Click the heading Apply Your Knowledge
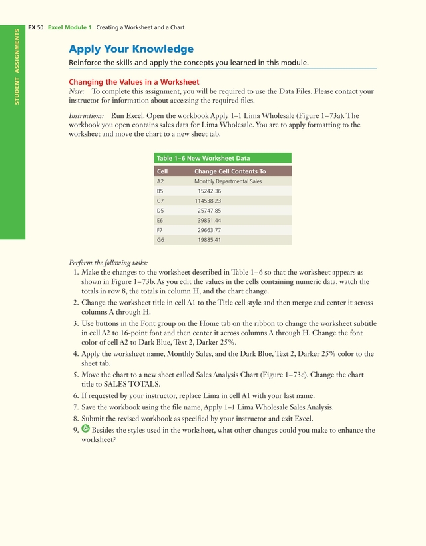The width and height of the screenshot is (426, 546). [x=131, y=49]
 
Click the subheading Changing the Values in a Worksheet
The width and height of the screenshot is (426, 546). [x=134, y=82]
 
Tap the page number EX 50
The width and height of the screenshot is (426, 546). [x=36, y=27]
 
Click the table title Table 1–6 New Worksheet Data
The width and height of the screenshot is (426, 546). [x=203, y=158]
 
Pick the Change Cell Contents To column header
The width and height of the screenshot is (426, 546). [x=230, y=171]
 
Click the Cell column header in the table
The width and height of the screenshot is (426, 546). [x=162, y=171]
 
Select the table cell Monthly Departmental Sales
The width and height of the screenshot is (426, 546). [x=228, y=181]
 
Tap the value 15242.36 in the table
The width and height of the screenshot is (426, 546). [x=209, y=191]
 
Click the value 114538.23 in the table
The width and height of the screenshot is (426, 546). [x=208, y=200]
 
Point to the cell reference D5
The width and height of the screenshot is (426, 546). [x=160, y=210]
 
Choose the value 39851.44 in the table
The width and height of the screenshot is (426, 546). [x=209, y=219]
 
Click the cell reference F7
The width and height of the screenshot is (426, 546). [x=160, y=229]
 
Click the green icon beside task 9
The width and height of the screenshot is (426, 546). [x=85, y=429]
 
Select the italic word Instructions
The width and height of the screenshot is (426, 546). [x=86, y=115]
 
